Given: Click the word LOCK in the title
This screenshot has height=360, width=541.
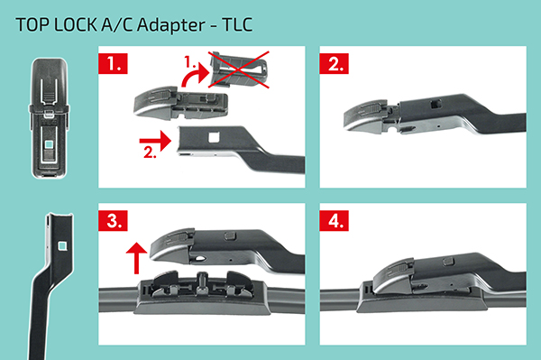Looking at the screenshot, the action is [x=76, y=25].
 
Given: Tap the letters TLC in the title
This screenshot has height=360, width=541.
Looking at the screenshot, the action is [x=237, y=25].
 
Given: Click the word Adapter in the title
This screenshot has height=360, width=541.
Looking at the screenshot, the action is [x=171, y=25].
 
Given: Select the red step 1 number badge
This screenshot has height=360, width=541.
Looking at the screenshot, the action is [x=113, y=63].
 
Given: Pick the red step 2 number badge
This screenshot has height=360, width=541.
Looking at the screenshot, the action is [x=334, y=63].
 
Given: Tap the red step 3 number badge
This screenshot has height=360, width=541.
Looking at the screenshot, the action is [x=113, y=220].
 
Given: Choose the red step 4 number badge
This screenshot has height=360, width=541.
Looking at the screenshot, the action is [x=334, y=220].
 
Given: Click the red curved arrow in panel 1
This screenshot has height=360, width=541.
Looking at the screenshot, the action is [x=193, y=77].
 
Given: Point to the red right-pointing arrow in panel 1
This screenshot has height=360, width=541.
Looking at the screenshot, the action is [x=155, y=141].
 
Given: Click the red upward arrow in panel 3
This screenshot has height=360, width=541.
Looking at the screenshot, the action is [x=137, y=257].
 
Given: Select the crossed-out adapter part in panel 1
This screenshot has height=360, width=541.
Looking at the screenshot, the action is [x=238, y=69].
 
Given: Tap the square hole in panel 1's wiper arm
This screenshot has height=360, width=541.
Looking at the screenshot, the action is [x=214, y=138].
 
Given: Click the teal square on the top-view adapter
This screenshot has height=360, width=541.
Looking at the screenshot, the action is [x=50, y=143].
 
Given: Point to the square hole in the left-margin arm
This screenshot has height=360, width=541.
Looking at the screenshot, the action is [x=62, y=245].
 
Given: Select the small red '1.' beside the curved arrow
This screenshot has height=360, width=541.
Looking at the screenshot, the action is [x=189, y=62].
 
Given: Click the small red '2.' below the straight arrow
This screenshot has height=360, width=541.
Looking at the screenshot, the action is [x=150, y=152].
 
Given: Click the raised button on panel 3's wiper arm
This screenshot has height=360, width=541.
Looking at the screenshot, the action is [x=231, y=235].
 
